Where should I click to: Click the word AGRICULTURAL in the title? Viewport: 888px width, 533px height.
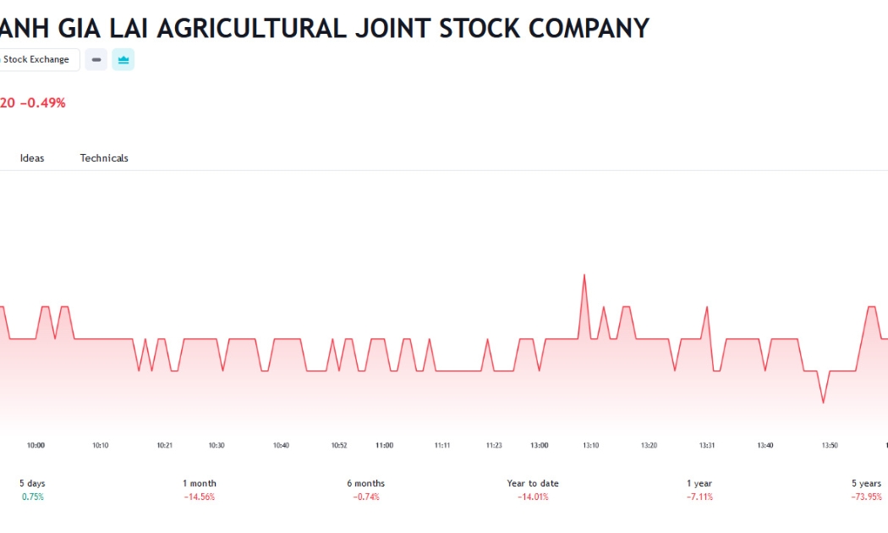252,28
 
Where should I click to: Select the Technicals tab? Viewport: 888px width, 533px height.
104,158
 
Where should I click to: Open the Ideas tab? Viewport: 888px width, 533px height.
32,158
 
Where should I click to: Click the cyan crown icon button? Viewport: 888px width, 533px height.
123,59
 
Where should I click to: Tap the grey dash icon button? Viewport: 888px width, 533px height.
96,59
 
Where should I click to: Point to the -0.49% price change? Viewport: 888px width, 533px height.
43,102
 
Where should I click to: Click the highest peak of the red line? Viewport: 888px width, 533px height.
584,275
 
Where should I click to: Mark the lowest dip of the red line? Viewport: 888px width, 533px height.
824,403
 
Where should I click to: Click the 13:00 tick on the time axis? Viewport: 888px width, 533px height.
540,445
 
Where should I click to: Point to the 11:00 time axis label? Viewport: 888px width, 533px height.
385,445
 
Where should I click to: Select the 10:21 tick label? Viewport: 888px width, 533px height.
165,445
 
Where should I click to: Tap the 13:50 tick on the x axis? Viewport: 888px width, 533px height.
830,445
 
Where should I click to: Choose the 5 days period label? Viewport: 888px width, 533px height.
32,483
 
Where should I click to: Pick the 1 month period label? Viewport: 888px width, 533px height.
200,483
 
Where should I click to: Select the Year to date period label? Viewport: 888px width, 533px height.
533,483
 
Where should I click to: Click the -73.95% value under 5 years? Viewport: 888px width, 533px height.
867,497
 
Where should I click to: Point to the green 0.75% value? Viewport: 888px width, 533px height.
33,497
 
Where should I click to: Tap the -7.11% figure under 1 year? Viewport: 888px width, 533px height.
700,497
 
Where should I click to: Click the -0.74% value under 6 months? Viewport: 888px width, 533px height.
366,497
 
